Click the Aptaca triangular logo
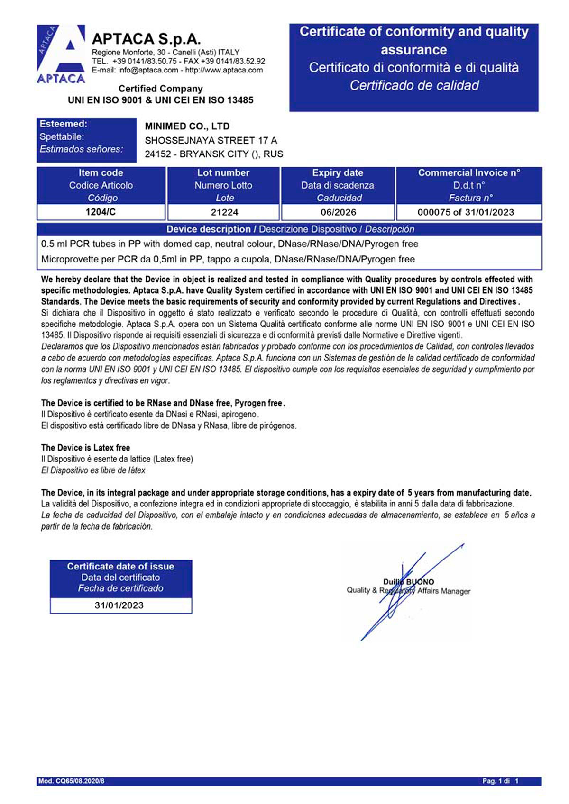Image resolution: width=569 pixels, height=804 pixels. click(x=61, y=54)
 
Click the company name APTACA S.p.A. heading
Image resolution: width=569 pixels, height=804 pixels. click(x=146, y=39)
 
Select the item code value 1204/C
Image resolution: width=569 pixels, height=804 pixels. click(x=101, y=212)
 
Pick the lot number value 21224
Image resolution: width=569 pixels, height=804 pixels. click(x=224, y=212)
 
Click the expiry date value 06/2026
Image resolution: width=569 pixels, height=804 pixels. click(x=338, y=212)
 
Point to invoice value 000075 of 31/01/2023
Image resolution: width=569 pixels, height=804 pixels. click(x=466, y=212)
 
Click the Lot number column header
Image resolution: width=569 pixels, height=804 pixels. click(x=223, y=173)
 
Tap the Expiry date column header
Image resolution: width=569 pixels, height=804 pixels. click(x=338, y=173)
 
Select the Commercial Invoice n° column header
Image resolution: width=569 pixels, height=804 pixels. click(x=469, y=173)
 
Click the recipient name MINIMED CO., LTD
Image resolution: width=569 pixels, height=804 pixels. click(x=187, y=126)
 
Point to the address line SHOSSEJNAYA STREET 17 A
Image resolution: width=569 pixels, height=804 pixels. click(x=211, y=140)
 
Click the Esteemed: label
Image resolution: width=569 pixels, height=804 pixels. click(x=64, y=124)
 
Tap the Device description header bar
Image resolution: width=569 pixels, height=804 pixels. click(x=290, y=229)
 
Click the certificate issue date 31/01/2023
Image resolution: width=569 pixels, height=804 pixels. click(x=119, y=605)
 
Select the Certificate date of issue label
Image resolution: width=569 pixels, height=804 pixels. click(x=120, y=567)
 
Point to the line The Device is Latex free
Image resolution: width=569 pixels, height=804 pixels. click(x=85, y=448)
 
